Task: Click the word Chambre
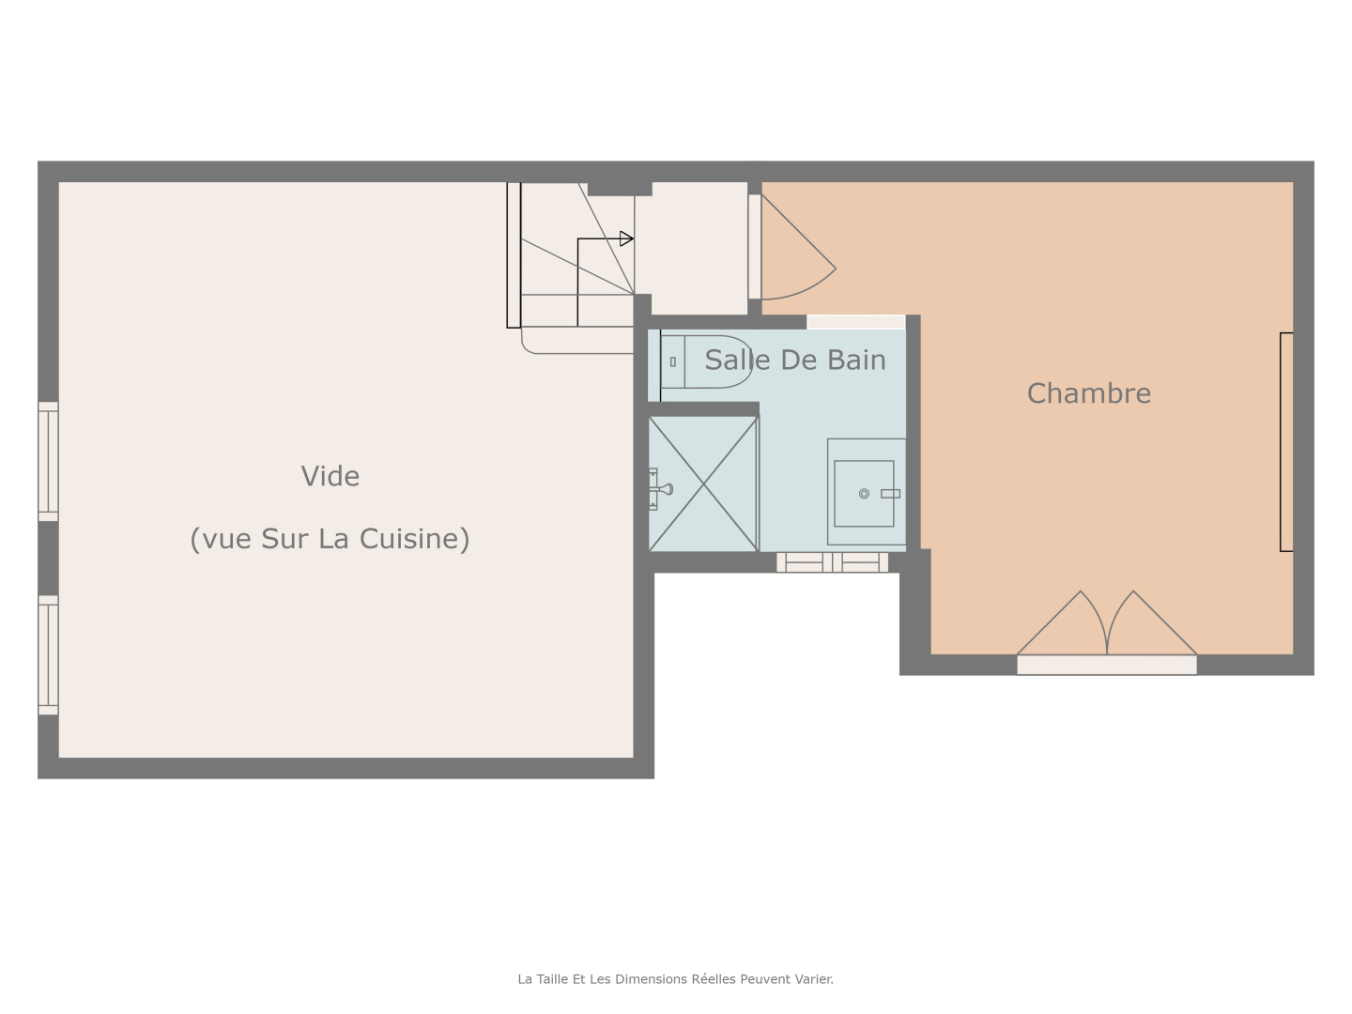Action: click(x=1088, y=393)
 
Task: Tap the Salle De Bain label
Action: click(x=794, y=360)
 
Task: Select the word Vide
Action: click(x=330, y=476)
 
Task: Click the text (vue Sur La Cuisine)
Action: click(x=330, y=539)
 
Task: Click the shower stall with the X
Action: click(x=703, y=484)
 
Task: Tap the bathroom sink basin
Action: click(x=864, y=493)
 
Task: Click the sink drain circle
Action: click(x=864, y=494)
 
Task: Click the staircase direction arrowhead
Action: click(x=626, y=238)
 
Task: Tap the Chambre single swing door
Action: click(x=798, y=249)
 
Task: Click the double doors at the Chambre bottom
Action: click(x=1107, y=629)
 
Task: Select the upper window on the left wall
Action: click(x=48, y=461)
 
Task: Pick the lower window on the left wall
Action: click(x=48, y=654)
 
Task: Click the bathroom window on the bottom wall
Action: click(x=832, y=562)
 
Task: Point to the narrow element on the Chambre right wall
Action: click(x=1286, y=441)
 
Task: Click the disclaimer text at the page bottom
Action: click(x=675, y=978)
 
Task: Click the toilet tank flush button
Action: click(x=673, y=361)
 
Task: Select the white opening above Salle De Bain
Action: click(x=855, y=322)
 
